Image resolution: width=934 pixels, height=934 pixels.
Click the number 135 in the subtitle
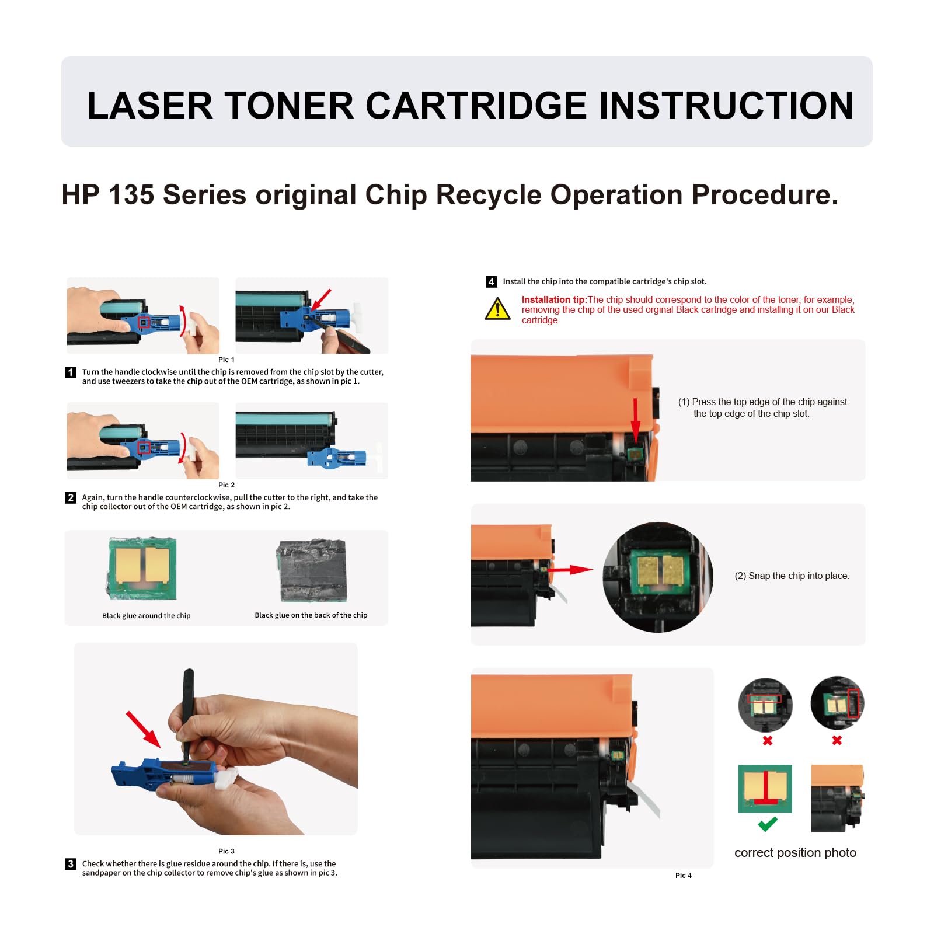pyautogui.click(x=131, y=195)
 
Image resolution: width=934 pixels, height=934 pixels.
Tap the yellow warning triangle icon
pyautogui.click(x=497, y=309)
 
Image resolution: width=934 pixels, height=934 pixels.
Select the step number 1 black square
pyautogui.click(x=71, y=372)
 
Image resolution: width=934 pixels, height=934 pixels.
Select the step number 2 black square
pyautogui.click(x=71, y=498)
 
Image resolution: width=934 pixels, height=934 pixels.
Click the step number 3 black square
pyautogui.click(x=71, y=864)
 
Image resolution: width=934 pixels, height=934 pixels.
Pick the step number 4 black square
pyautogui.click(x=492, y=282)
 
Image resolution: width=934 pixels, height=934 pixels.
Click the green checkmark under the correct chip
pyautogui.click(x=767, y=824)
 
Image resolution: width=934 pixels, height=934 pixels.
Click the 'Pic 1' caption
pyautogui.click(x=226, y=360)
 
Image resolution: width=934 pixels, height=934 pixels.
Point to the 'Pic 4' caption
pyautogui.click(x=683, y=876)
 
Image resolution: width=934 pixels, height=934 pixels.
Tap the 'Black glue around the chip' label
pyautogui.click(x=147, y=616)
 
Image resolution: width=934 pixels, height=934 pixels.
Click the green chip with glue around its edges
pyautogui.click(x=142, y=568)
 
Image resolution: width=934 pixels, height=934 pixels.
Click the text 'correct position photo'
pyautogui.click(x=795, y=853)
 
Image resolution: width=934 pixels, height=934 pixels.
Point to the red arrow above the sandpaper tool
pyautogui.click(x=144, y=729)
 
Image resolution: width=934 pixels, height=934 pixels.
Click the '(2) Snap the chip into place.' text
pyautogui.click(x=792, y=576)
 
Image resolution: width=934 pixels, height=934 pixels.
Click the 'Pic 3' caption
pyautogui.click(x=226, y=851)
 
